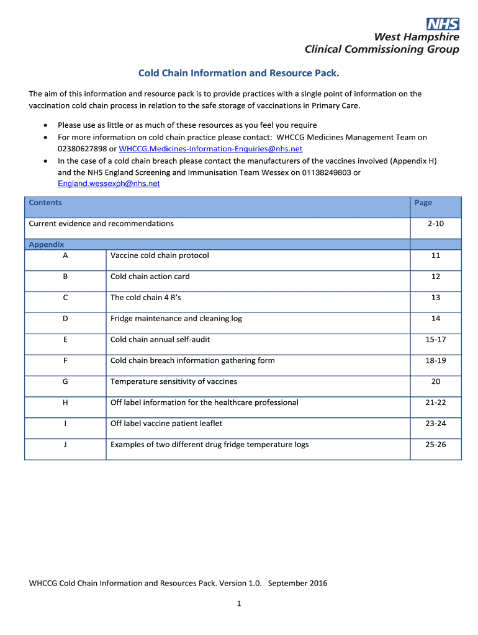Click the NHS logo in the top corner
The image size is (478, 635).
point(443,24)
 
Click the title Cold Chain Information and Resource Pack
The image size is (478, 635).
point(238,73)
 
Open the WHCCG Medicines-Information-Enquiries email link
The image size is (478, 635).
point(210,149)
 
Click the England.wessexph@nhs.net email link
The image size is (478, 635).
point(109,184)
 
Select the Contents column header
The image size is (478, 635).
point(45,203)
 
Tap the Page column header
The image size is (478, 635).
point(423,203)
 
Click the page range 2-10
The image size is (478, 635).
point(435,223)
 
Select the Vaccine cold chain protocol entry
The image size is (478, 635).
point(160,255)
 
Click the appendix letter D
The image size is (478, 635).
point(65,319)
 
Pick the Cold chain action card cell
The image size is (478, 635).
point(150,277)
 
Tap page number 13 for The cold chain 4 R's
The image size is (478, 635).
point(435,298)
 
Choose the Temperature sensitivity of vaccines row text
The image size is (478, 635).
point(173,381)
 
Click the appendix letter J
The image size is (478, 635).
point(65,445)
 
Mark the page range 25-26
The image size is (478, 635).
point(435,445)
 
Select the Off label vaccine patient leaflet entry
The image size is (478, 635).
point(166,424)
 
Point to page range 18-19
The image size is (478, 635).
point(435,360)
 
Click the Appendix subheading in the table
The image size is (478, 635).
point(47,244)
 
